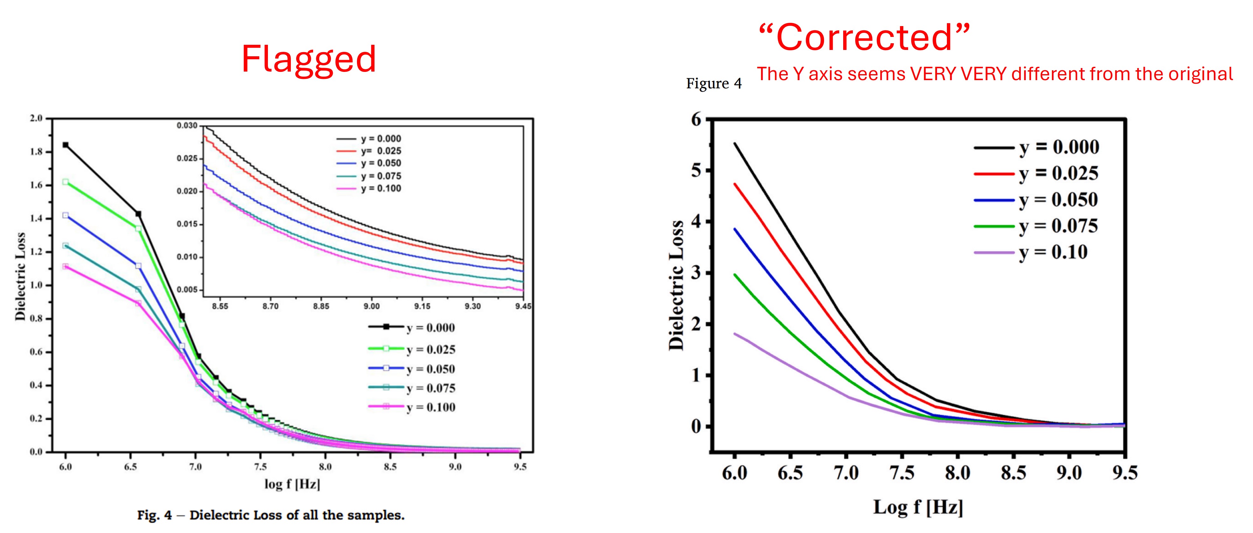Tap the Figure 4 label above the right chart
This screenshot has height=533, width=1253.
(x=714, y=84)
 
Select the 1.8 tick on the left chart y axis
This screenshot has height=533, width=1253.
(x=37, y=152)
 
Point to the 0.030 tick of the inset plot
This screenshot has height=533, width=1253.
(x=187, y=126)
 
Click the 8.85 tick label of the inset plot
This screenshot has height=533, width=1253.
(x=321, y=306)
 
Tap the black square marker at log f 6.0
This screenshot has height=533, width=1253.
(x=66, y=145)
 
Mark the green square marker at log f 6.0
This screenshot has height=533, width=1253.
(x=66, y=182)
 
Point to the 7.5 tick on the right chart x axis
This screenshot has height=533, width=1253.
(x=902, y=473)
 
